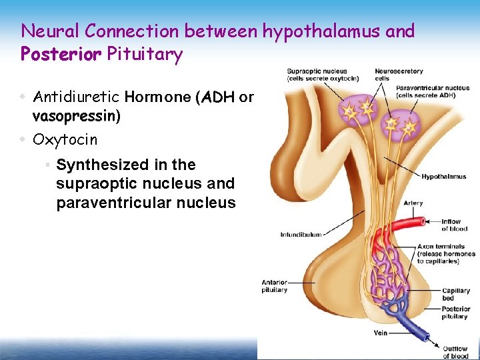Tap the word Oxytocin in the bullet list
pos(65,139)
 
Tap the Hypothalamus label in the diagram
pos(443,177)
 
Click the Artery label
pos(413,203)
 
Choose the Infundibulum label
pos(301,235)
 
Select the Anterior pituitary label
pos(275,286)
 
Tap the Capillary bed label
pos(456,295)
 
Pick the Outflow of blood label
pos(455,352)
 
